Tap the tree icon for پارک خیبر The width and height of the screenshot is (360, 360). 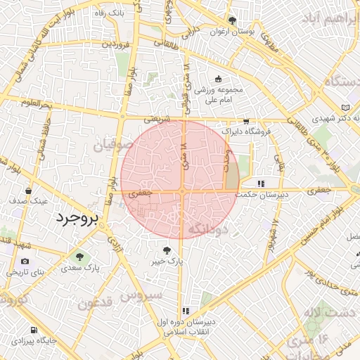167,250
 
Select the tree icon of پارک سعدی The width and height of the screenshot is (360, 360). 78,256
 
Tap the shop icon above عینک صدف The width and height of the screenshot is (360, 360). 28,190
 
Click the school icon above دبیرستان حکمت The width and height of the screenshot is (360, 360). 261,184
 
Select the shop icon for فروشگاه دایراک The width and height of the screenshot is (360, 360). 245,120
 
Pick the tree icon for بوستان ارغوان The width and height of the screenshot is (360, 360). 232,20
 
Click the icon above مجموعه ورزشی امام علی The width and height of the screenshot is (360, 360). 218,79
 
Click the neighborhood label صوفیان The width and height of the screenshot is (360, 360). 108,146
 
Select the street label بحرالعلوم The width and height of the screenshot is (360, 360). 37,104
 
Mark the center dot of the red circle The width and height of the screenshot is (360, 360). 181,190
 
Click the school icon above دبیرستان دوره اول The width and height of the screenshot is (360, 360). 186,310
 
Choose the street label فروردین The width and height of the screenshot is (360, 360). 115,44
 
